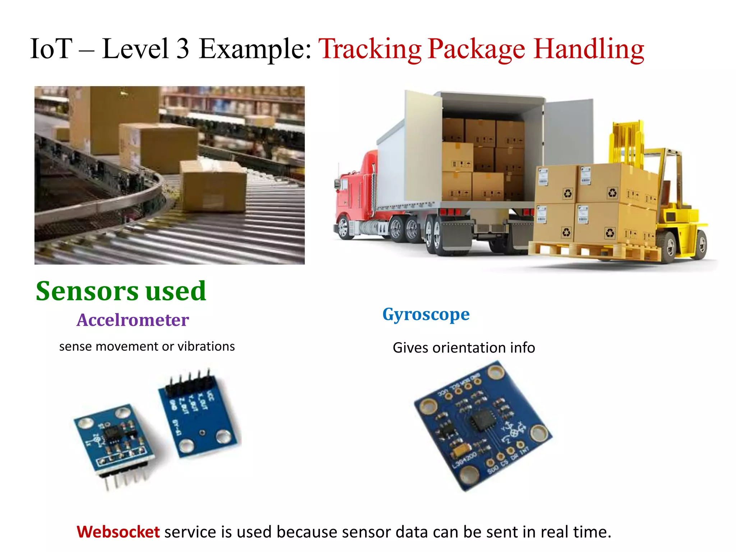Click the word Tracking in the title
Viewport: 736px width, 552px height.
click(x=370, y=49)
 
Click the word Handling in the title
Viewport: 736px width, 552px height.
click(x=588, y=49)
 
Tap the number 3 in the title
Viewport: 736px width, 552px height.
click(x=183, y=49)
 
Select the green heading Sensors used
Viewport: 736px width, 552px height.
click(x=121, y=291)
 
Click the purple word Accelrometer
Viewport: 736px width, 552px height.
click(x=133, y=320)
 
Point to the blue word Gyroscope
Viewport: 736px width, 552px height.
click(x=426, y=314)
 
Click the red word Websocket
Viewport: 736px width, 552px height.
click(x=118, y=532)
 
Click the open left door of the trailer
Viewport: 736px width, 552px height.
click(x=423, y=147)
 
